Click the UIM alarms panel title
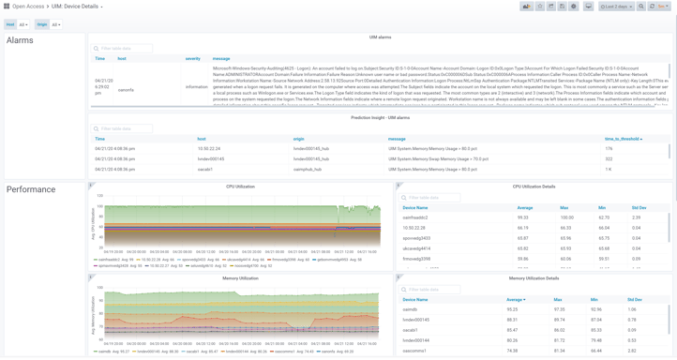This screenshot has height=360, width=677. click(380, 37)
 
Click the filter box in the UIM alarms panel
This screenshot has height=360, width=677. click(123, 49)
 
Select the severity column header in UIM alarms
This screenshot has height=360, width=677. click(192, 59)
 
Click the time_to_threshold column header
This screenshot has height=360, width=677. click(623, 139)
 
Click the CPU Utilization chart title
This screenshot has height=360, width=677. click(240, 187)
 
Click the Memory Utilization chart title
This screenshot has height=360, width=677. click(240, 278)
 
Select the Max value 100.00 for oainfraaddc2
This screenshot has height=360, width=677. click(565, 217)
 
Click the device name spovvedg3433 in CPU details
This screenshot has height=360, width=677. click(416, 238)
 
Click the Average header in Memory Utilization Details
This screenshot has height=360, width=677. click(515, 300)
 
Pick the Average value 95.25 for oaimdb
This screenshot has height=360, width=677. click(512, 309)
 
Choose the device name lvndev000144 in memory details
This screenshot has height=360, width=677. click(415, 340)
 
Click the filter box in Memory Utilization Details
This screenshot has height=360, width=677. click(432, 290)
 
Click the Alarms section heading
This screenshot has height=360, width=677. click(20, 40)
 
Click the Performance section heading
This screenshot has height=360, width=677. click(31, 189)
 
